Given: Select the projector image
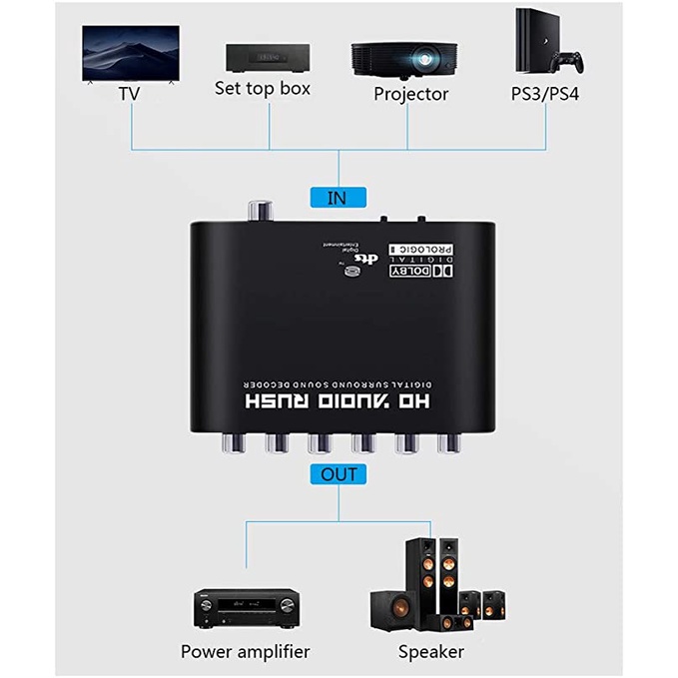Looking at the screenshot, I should pyautogui.click(x=409, y=59).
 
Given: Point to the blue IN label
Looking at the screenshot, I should pyautogui.click(x=337, y=198).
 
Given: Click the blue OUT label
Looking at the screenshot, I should pyautogui.click(x=338, y=474).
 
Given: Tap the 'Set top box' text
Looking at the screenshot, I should pyautogui.click(x=263, y=88).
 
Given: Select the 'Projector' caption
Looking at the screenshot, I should pyautogui.click(x=411, y=95).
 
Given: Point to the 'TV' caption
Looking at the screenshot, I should pyautogui.click(x=128, y=94).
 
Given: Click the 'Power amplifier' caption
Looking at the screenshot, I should pyautogui.click(x=246, y=652).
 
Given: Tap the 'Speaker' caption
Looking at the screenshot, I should pyautogui.click(x=431, y=652).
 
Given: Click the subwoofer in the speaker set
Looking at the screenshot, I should pyautogui.click(x=392, y=608).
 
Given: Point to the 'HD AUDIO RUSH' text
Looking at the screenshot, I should pyautogui.click(x=336, y=402).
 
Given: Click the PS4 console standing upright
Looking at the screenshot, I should pyautogui.click(x=529, y=46).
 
